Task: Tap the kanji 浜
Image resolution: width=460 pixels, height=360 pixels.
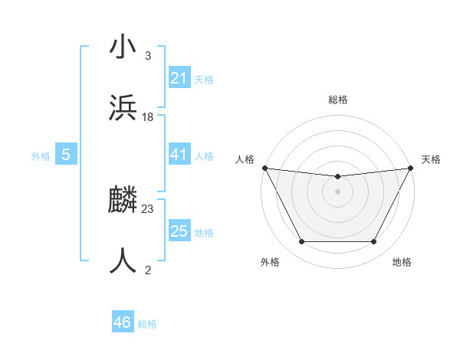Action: point(123,108)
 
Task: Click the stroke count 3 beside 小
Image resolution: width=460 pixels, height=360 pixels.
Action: point(148,56)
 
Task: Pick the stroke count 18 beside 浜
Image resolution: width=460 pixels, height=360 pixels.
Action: point(148,116)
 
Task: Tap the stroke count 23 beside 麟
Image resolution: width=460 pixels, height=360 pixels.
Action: point(148,208)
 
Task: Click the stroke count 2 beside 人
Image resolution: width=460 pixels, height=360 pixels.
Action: point(148,269)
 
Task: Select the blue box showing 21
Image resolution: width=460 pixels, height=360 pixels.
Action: point(179,78)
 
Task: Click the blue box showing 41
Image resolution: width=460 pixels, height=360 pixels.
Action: point(179,155)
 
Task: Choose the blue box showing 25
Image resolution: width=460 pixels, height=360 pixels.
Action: point(179,231)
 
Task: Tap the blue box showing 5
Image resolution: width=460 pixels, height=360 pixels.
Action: point(66,155)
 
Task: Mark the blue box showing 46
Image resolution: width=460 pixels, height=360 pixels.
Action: point(122,322)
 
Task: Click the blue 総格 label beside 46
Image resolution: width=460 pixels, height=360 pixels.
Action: point(147,324)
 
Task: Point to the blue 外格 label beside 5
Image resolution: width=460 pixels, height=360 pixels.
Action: point(41,156)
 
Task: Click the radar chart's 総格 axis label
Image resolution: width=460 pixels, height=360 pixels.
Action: point(337,100)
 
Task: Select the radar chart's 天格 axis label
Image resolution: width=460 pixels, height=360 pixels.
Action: point(432,159)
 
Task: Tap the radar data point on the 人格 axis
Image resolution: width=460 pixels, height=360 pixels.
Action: point(264,168)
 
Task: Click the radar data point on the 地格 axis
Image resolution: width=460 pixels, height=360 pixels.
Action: point(373,242)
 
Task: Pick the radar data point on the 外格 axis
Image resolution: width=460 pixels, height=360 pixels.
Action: point(301,242)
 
